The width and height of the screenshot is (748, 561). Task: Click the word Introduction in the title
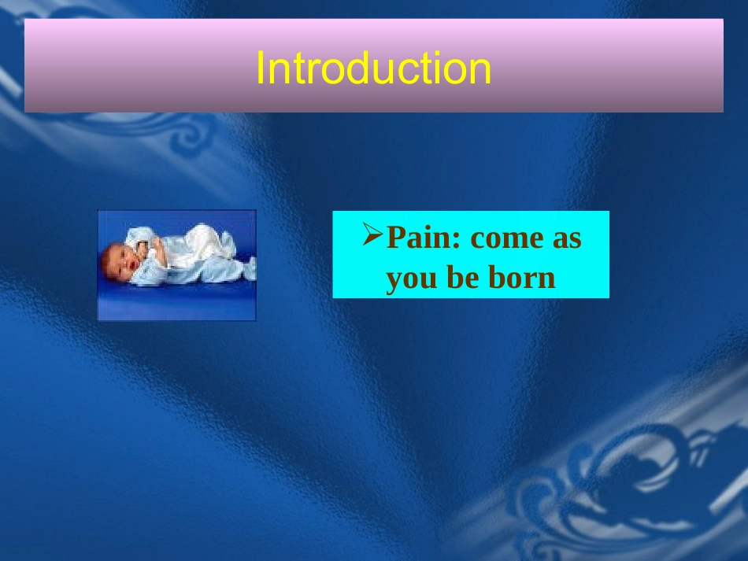pyautogui.click(x=373, y=68)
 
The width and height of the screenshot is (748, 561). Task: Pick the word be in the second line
pyautogui.click(x=461, y=277)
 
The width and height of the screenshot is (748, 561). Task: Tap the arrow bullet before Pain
pyautogui.click(x=372, y=234)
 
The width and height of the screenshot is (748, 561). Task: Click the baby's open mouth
pyautogui.click(x=133, y=264)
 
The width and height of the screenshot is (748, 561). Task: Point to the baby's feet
pyautogui.click(x=250, y=268)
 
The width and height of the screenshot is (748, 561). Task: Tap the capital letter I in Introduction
pyautogui.click(x=260, y=68)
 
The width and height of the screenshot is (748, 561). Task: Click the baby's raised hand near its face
pyautogui.click(x=143, y=247)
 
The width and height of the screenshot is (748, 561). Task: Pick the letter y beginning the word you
pyautogui.click(x=394, y=281)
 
